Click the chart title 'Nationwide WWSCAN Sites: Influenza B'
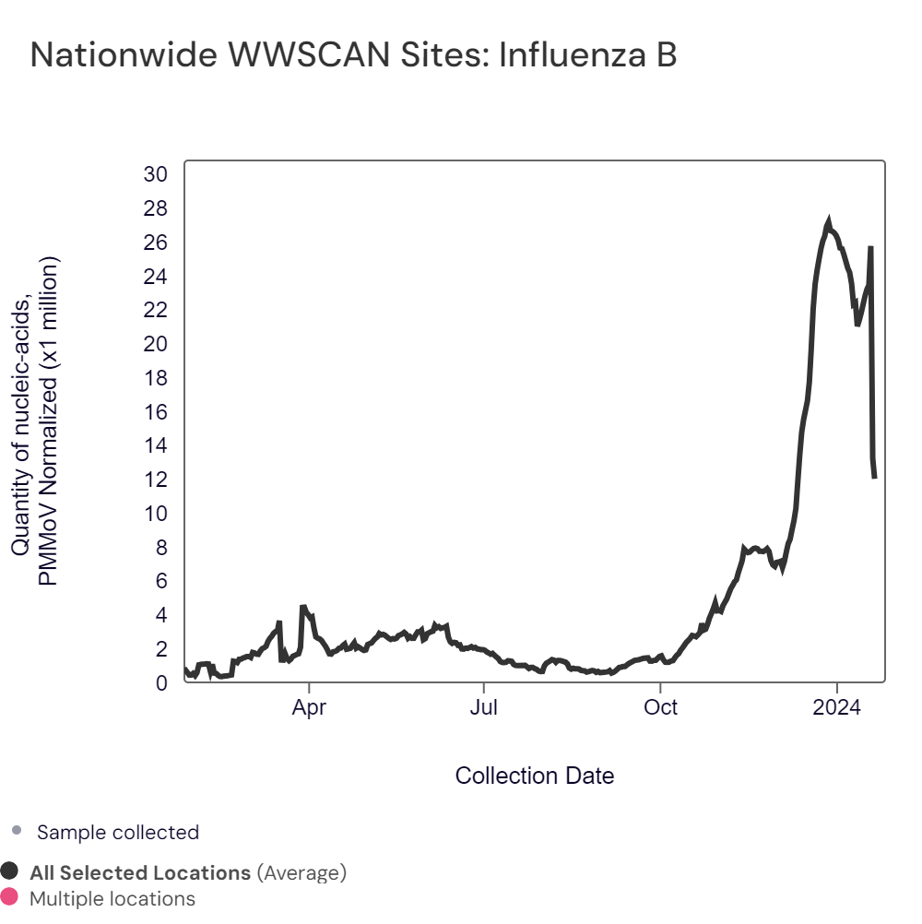click(354, 55)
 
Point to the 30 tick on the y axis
click(156, 175)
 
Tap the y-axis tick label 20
click(156, 344)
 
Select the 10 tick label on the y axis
click(156, 514)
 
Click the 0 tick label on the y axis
click(161, 683)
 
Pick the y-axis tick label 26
click(156, 243)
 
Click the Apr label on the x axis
click(309, 708)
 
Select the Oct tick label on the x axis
click(660, 708)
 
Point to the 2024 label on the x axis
click(836, 708)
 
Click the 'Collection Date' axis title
click(535, 776)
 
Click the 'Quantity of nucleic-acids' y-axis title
click(22, 420)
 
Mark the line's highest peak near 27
click(828, 222)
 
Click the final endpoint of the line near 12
click(874, 477)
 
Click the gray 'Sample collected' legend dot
click(16, 832)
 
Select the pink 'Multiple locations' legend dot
click(10, 897)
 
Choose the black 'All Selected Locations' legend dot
click(10, 871)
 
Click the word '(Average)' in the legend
click(301, 872)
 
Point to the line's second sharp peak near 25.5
click(870, 248)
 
